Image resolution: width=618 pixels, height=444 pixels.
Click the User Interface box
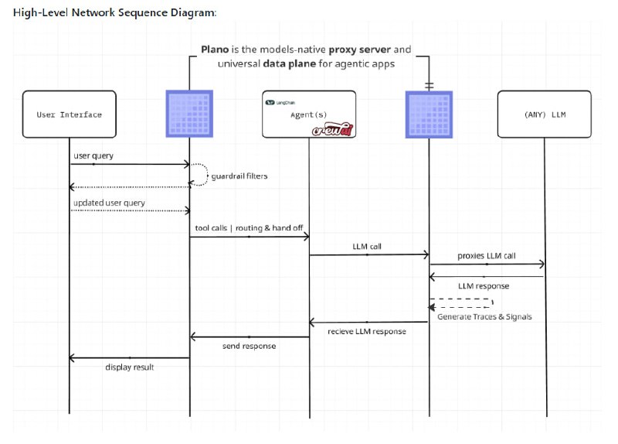click(70, 114)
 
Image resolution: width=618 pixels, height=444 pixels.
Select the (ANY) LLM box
click(545, 114)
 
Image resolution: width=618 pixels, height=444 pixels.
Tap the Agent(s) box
click(308, 114)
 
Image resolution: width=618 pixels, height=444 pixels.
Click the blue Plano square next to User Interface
click(190, 114)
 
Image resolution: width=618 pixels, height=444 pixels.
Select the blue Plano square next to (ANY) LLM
click(429, 114)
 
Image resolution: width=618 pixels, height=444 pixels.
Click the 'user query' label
click(93, 155)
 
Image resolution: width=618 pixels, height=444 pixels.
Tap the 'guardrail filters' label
click(239, 176)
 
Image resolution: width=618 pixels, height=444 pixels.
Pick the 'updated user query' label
click(109, 203)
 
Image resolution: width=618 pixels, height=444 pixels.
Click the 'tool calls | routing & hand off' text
click(248, 228)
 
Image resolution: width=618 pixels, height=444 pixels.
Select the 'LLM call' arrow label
click(367, 246)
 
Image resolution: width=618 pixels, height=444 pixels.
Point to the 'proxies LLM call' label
click(486, 255)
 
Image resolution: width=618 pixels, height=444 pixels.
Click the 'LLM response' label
click(484, 285)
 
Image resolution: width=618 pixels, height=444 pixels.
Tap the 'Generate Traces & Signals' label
click(484, 316)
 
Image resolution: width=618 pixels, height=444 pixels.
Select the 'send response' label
click(249, 346)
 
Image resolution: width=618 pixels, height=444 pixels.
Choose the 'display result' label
click(130, 367)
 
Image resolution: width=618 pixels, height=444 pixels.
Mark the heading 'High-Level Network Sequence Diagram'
click(114, 12)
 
